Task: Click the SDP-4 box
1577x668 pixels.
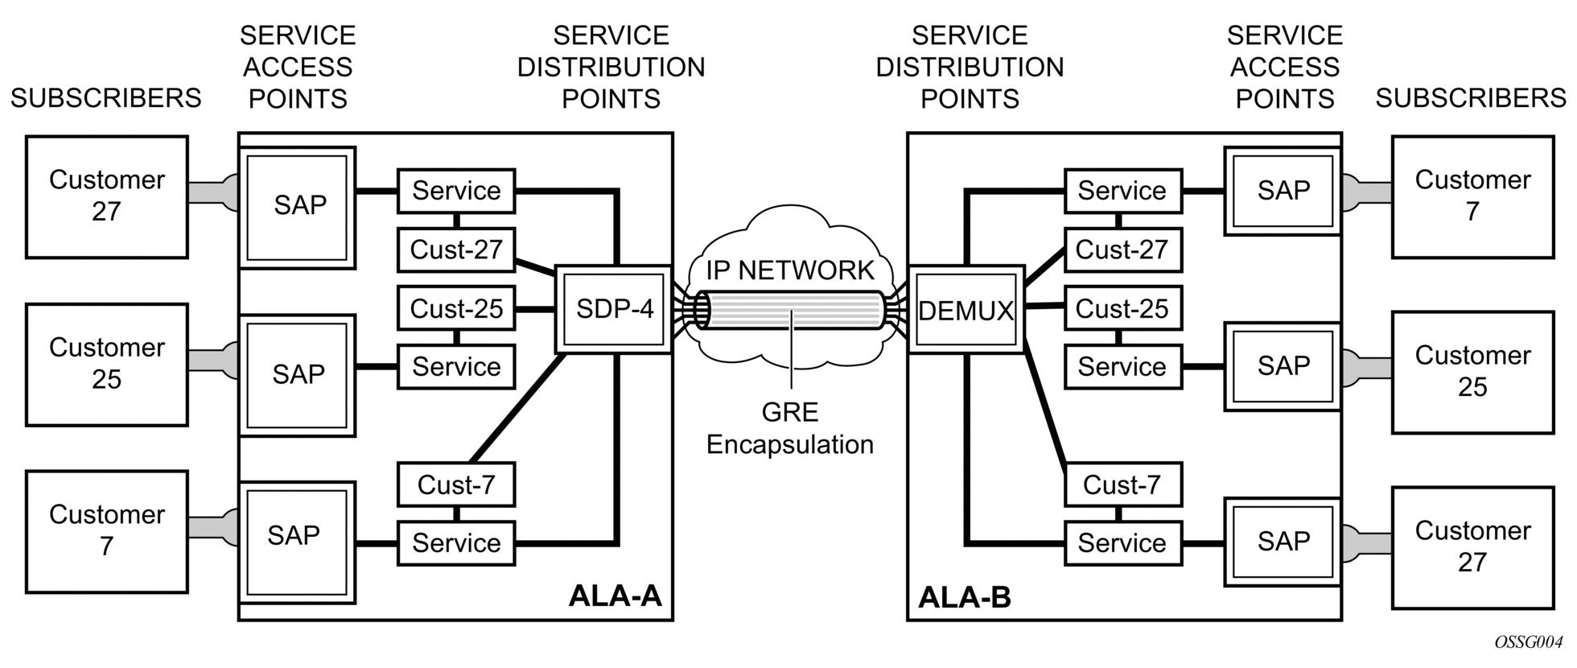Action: (x=614, y=310)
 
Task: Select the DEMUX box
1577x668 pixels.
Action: (x=966, y=310)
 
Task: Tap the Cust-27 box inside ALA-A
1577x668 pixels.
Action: (x=456, y=250)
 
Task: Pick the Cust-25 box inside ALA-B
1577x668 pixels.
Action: (x=1122, y=309)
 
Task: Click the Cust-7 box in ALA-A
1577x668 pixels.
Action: (x=456, y=485)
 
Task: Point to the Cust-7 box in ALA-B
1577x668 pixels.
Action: (x=1122, y=485)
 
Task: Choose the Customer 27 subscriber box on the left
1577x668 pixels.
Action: (x=107, y=196)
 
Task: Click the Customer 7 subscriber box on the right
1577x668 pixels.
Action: (x=1472, y=196)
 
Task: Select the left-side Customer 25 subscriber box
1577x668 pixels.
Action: (x=107, y=364)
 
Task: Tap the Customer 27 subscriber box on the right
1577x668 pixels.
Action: (x=1472, y=547)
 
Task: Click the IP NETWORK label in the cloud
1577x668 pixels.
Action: (x=789, y=270)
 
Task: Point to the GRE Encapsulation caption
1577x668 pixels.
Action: (x=789, y=428)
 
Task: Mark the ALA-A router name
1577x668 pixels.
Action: (x=615, y=596)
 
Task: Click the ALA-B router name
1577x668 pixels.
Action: (x=965, y=597)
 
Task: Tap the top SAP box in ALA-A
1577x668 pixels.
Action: (x=298, y=206)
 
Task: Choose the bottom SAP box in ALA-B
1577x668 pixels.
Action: (x=1283, y=542)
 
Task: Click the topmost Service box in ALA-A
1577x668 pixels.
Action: (x=456, y=191)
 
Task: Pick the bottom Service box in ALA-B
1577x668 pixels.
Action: (x=1122, y=543)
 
